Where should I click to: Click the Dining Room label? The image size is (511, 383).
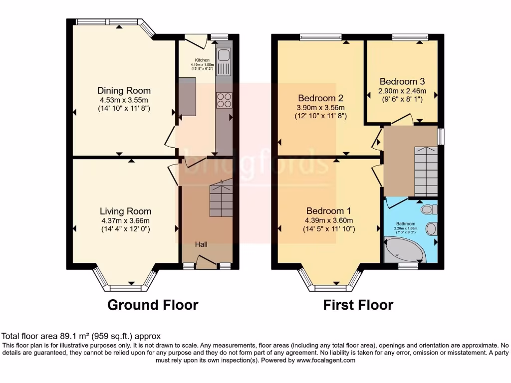[x=124, y=91]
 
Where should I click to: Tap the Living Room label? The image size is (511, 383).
[x=125, y=211]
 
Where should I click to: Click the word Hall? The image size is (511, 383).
[x=202, y=244]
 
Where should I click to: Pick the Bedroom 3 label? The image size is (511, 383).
[x=402, y=81]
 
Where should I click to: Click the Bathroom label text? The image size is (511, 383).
[x=405, y=224]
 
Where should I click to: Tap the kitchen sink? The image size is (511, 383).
[x=223, y=56]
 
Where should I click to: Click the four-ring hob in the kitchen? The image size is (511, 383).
[x=223, y=100]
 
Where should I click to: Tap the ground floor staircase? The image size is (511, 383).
[x=221, y=198]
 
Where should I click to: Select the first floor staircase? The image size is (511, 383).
[x=425, y=170]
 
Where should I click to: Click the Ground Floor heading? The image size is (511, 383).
[x=153, y=305]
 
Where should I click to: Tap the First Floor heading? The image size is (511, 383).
[x=358, y=305]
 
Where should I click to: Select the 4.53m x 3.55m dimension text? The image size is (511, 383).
[x=124, y=100]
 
